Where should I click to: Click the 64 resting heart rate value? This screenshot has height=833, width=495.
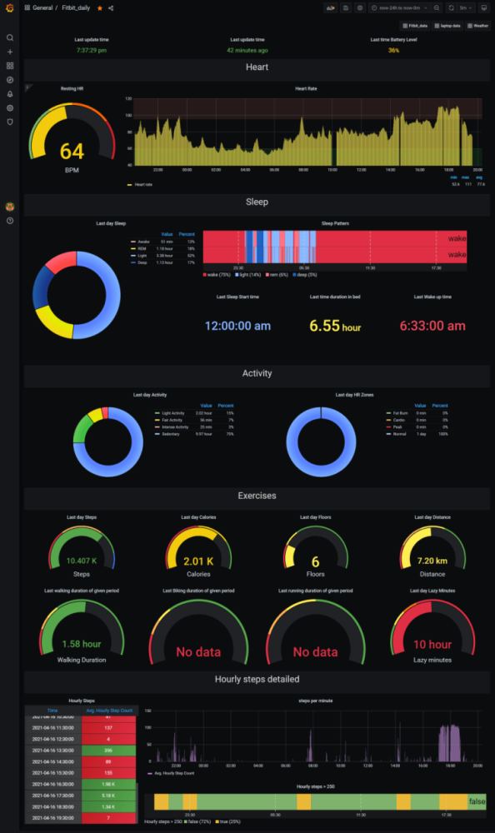[72, 151]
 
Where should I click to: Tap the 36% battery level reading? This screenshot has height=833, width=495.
[393, 50]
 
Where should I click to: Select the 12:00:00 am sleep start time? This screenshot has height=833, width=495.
[237, 326]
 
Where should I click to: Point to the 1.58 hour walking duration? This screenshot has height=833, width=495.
[82, 644]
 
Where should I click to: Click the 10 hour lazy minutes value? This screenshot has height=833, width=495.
[432, 644]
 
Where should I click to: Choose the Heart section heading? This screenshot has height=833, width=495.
[257, 67]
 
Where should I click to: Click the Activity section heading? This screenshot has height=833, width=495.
[257, 373]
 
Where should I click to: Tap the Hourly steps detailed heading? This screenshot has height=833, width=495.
[257, 679]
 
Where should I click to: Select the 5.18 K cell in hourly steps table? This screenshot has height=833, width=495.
[108, 796]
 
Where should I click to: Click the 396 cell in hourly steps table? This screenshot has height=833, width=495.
[108, 750]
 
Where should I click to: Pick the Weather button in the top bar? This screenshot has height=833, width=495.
[481, 26]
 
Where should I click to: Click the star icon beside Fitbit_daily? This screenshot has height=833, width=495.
[100, 7]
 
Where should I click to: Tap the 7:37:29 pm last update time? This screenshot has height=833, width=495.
[91, 50]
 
